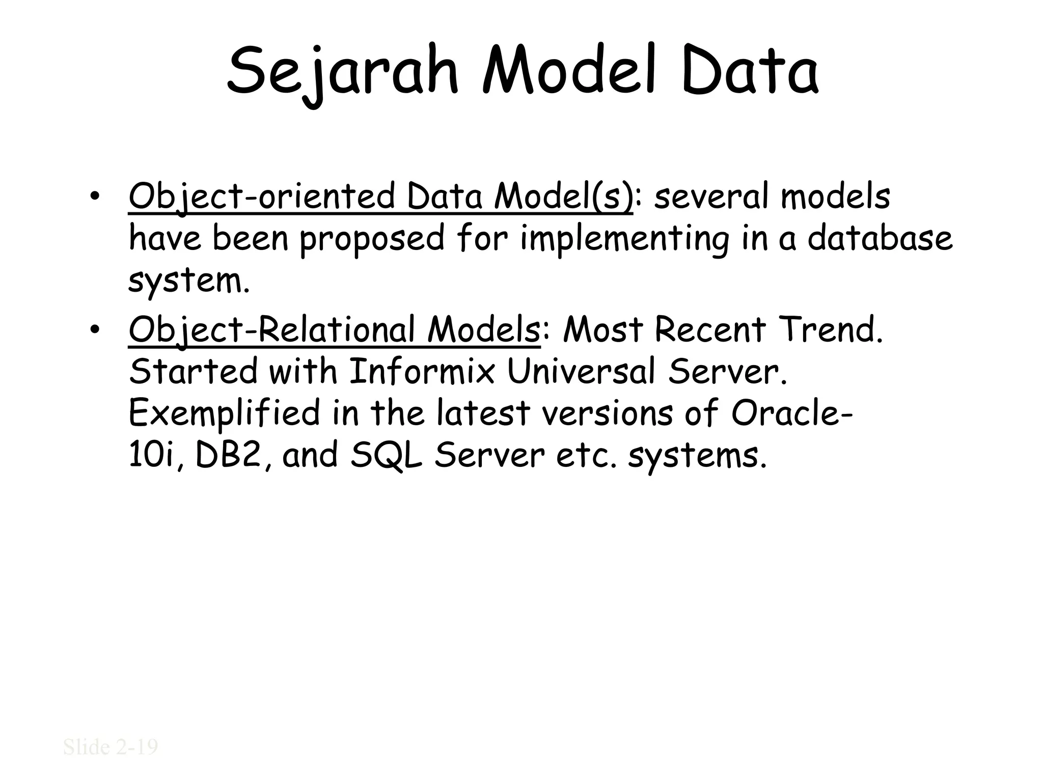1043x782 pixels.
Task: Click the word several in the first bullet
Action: click(x=711, y=197)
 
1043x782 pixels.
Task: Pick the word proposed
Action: click(x=372, y=239)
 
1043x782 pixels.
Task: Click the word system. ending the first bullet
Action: click(x=189, y=281)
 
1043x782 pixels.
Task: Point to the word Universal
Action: click(x=581, y=372)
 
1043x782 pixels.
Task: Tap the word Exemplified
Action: click(x=225, y=413)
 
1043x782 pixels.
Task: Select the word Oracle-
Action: click(x=792, y=413)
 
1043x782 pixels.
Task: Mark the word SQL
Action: click(x=387, y=455)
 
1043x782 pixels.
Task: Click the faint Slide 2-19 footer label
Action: click(x=111, y=747)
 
